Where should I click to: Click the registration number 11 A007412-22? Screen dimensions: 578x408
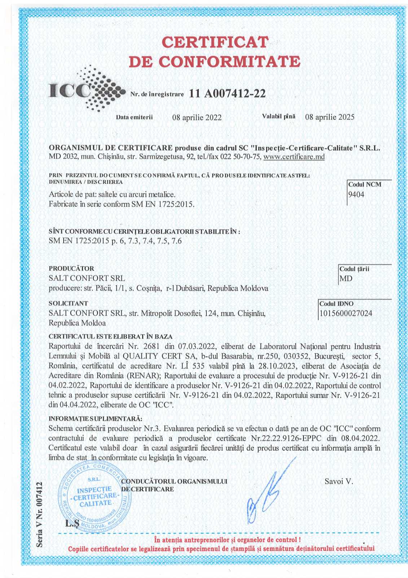(227, 94)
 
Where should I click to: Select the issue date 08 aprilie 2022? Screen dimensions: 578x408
(197, 117)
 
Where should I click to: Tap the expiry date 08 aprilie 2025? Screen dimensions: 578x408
(330, 117)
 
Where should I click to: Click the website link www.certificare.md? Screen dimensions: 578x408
(294, 157)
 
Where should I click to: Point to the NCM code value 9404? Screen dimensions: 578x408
(356, 195)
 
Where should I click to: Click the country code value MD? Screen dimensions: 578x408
(346, 279)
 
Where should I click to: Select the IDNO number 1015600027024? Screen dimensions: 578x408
(346, 314)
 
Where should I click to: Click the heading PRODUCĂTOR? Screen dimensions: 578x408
(71, 268)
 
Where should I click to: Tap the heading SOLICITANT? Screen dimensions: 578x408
(69, 303)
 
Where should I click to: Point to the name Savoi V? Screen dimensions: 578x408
(339, 481)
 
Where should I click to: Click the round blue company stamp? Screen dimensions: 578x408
(95, 496)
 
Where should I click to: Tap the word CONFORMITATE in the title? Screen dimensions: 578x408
(229, 62)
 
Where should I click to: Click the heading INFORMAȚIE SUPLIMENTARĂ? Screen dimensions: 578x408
(96, 419)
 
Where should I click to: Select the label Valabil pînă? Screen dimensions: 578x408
(278, 116)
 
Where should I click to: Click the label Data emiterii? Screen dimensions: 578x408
(134, 117)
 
